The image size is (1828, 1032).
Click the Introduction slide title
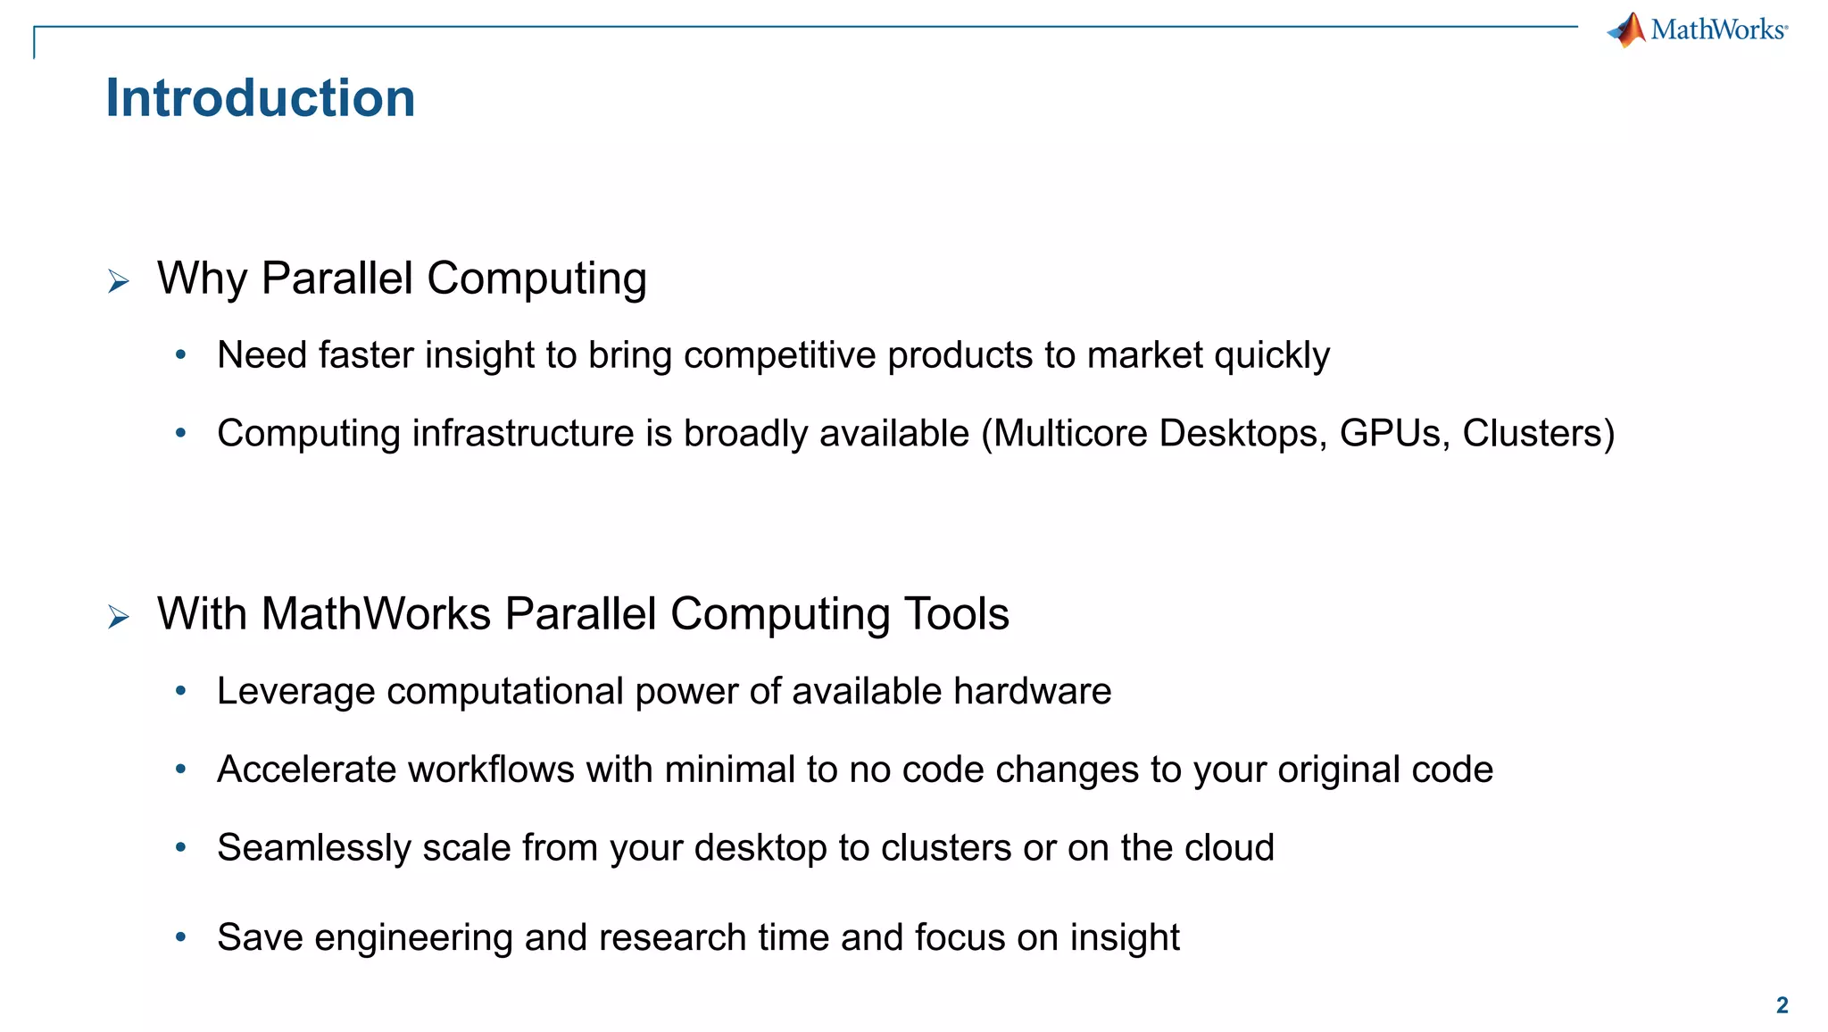(260, 98)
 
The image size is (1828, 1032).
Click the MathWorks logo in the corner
(1697, 30)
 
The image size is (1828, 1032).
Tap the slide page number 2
(1782, 1005)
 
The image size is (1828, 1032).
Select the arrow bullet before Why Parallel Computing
(119, 282)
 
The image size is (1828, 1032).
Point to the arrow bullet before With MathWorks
(119, 617)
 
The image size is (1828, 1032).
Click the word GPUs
(1394, 434)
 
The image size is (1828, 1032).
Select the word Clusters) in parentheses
(1538, 434)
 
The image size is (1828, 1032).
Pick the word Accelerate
(305, 770)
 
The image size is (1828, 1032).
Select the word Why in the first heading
(202, 279)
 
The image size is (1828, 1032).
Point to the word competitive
(779, 356)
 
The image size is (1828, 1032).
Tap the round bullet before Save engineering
(181, 937)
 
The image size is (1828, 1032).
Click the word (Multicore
(1064, 434)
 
